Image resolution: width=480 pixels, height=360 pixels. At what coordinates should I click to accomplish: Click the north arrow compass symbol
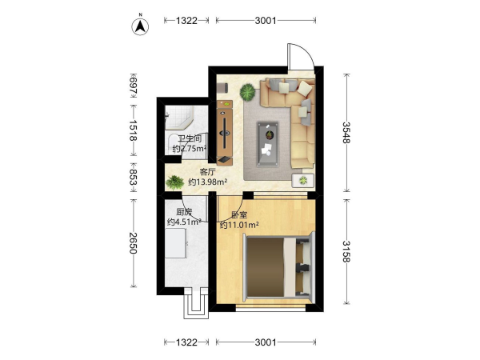point(140,26)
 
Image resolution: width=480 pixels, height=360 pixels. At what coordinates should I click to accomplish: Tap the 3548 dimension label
point(346,133)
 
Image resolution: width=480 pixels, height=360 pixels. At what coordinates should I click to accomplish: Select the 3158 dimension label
point(346,252)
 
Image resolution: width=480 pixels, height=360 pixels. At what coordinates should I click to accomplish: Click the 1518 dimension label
point(133,130)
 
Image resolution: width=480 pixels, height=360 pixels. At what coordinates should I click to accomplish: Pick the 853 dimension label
point(133,178)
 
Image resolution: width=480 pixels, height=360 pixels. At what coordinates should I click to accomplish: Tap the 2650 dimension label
point(133,243)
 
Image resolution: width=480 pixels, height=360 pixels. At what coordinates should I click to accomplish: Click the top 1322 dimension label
point(186,21)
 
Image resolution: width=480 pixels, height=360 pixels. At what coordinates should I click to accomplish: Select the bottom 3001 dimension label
point(266,342)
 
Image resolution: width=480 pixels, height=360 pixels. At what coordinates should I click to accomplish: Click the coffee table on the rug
point(268,144)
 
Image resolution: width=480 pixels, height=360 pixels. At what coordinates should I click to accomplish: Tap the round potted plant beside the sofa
point(247,92)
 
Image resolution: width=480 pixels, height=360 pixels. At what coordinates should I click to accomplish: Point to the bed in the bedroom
point(278,265)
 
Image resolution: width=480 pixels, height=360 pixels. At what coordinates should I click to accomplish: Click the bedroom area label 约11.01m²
point(239,226)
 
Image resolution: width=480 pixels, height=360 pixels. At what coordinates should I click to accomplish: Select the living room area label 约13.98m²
point(207,182)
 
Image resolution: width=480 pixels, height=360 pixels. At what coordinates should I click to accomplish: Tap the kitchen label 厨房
point(184,212)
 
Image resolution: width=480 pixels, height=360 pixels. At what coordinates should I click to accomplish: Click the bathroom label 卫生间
point(190,138)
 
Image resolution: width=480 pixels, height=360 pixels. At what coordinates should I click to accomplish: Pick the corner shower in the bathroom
point(179,118)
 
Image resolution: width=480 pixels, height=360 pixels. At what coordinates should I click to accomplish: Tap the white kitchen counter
point(175,243)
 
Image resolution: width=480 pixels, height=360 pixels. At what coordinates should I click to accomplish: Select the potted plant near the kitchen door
point(174,182)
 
